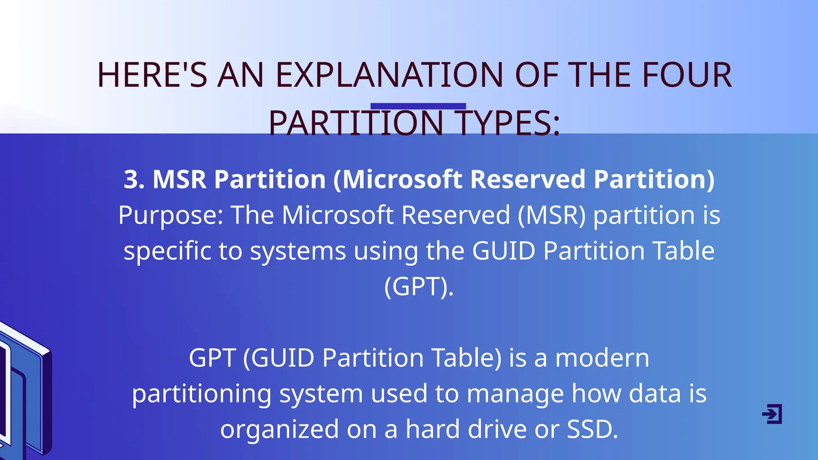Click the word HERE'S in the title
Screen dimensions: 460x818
(152, 75)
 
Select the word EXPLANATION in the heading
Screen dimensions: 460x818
(389, 75)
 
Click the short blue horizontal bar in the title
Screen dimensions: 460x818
(418, 106)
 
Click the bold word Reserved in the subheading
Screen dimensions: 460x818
(528, 179)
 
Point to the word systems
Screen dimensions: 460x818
(298, 251)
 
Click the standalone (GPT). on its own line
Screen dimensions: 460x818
(419, 286)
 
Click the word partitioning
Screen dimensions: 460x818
(202, 394)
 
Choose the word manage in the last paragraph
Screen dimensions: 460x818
(515, 394)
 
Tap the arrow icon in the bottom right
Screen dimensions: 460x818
(772, 414)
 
